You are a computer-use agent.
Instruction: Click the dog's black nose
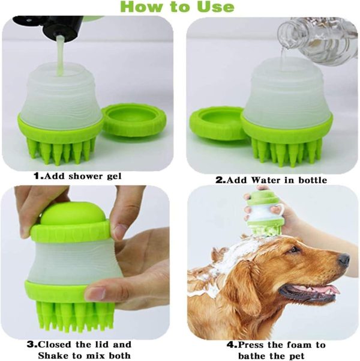pos(344,260)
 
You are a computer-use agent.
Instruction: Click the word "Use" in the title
pos(215,7)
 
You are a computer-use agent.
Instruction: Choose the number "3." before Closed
pos(32,345)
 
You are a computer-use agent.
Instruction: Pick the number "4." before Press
pos(232,345)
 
